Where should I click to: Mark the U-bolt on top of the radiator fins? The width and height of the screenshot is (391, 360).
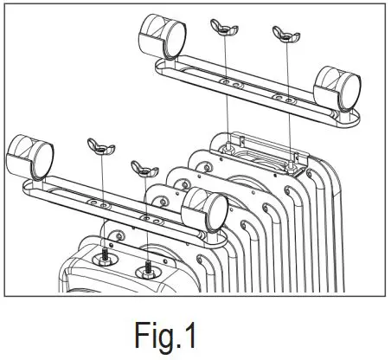[260, 156]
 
